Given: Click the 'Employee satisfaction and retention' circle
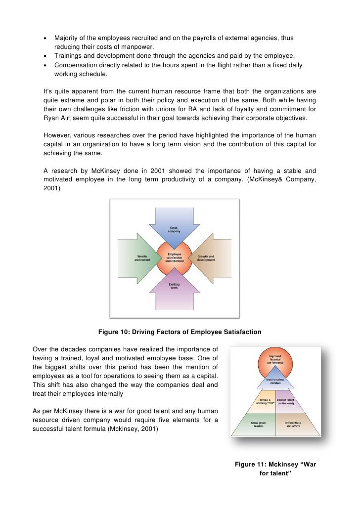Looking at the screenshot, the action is (x=174, y=258).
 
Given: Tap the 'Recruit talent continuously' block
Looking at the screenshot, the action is (x=286, y=401).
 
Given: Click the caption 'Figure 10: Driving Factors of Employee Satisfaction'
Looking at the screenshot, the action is (x=180, y=332).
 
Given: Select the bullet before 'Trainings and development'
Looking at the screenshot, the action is (x=45, y=56).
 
